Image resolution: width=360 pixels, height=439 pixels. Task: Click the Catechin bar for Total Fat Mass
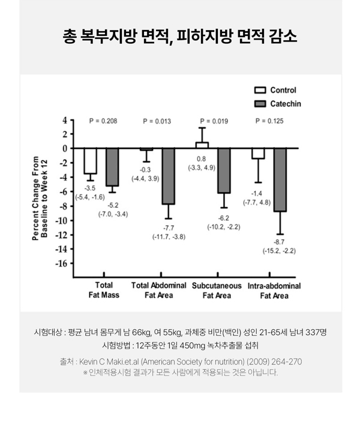click(112, 167)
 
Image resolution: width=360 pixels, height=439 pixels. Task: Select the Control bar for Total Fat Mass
click(90, 161)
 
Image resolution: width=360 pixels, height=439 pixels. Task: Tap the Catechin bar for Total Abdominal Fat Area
click(169, 176)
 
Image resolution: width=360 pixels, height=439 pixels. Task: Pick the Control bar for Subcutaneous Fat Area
click(202, 145)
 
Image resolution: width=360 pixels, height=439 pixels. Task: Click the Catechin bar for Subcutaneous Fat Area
click(224, 171)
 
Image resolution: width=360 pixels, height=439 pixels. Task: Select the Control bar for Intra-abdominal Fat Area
click(258, 153)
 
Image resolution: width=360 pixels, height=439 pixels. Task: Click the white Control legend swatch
click(260, 90)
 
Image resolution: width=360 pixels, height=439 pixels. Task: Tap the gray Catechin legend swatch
click(260, 104)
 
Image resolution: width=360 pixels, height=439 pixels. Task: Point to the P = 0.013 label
click(157, 121)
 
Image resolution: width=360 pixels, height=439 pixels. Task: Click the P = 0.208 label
click(103, 121)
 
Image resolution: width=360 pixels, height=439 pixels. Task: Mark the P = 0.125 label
click(269, 121)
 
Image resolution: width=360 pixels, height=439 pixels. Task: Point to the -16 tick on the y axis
click(62, 263)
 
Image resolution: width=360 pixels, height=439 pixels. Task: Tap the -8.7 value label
click(279, 242)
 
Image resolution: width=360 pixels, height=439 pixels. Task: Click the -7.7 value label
click(169, 228)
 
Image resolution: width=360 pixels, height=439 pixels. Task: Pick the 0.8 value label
click(202, 159)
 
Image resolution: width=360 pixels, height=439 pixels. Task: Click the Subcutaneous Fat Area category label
click(217, 291)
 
